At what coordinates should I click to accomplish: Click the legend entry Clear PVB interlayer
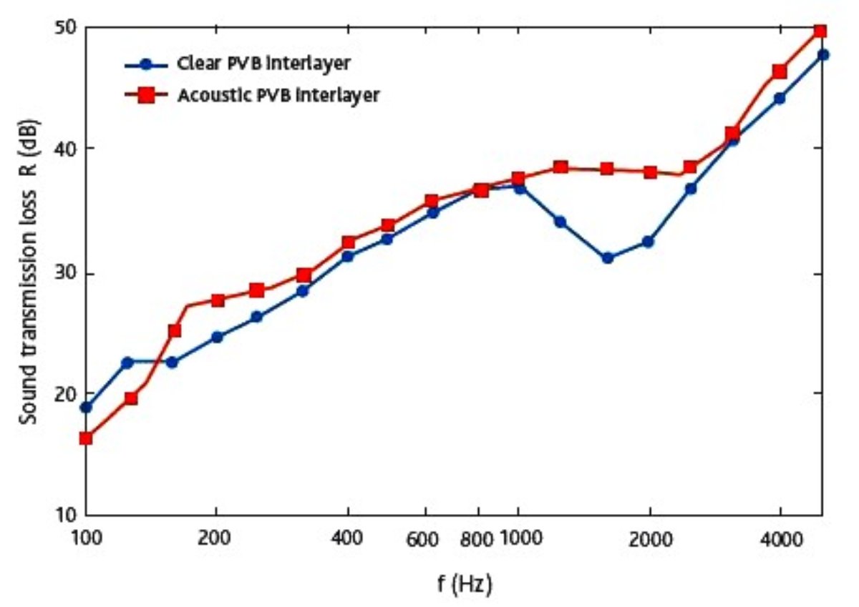click(x=264, y=64)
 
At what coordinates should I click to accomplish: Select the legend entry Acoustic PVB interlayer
click(x=278, y=94)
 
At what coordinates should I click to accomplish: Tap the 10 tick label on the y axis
click(x=66, y=515)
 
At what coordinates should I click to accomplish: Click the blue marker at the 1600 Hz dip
click(x=608, y=258)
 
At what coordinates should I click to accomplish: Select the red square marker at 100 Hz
click(x=86, y=438)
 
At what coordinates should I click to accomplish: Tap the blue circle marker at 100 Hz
click(x=86, y=408)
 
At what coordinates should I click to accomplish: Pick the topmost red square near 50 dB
click(x=820, y=31)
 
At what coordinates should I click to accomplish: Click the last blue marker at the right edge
click(x=823, y=54)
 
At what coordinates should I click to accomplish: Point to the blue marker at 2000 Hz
click(x=648, y=242)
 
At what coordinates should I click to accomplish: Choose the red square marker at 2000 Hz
click(x=650, y=172)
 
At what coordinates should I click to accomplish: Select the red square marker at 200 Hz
click(x=218, y=300)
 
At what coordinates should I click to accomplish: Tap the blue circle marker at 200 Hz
click(x=218, y=337)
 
